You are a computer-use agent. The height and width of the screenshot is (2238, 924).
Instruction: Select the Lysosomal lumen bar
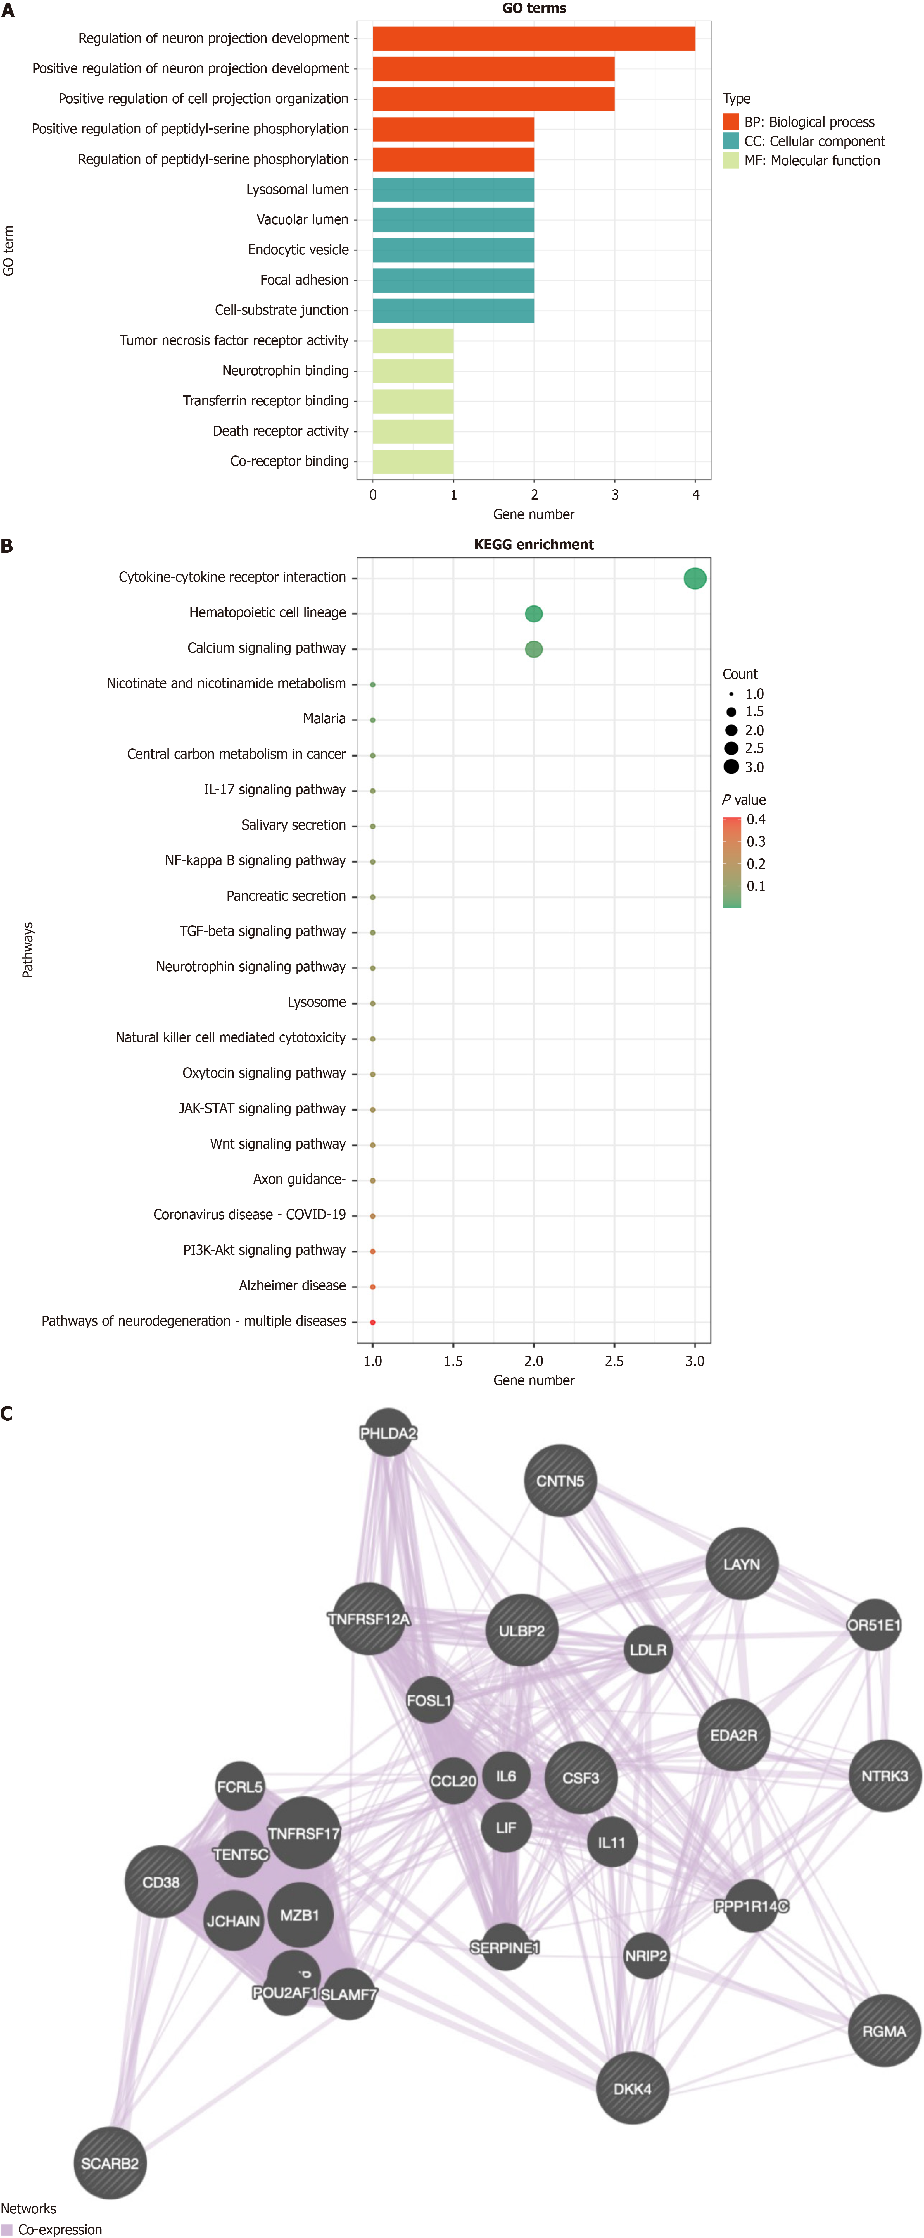(453, 189)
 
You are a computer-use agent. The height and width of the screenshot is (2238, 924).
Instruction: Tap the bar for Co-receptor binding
(413, 461)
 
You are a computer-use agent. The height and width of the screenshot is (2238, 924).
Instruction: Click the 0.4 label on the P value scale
(756, 819)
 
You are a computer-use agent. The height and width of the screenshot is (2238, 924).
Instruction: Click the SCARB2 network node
(110, 2163)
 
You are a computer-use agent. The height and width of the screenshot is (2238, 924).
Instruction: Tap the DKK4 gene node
(632, 2089)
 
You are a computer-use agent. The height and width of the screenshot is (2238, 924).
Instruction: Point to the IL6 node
(506, 1777)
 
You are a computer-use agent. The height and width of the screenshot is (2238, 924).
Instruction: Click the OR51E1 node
(874, 1625)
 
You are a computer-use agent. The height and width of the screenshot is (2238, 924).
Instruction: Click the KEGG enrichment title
(534, 545)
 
